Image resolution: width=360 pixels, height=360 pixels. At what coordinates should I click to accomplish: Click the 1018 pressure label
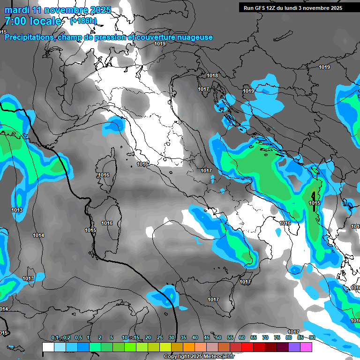(x=212, y=75)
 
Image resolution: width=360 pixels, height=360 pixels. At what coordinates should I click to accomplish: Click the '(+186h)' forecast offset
(x=83, y=21)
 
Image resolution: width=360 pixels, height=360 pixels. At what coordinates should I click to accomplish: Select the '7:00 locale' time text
(x=33, y=21)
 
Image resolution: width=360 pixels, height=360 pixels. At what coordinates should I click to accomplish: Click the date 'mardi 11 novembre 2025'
(x=58, y=10)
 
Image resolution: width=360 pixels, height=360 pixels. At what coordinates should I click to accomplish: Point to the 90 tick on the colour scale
(x=312, y=338)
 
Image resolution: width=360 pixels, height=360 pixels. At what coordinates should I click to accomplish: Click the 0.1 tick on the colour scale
(x=54, y=338)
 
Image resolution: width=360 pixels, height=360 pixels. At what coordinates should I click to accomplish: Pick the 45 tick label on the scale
(x=207, y=338)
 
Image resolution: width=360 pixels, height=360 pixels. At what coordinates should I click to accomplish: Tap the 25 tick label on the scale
(x=160, y=338)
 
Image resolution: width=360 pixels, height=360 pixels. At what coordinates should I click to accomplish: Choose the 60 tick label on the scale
(x=242, y=338)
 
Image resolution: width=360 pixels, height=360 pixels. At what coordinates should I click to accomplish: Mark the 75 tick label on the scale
(x=277, y=338)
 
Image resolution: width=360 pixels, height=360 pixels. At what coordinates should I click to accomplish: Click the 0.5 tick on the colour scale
(x=78, y=338)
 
